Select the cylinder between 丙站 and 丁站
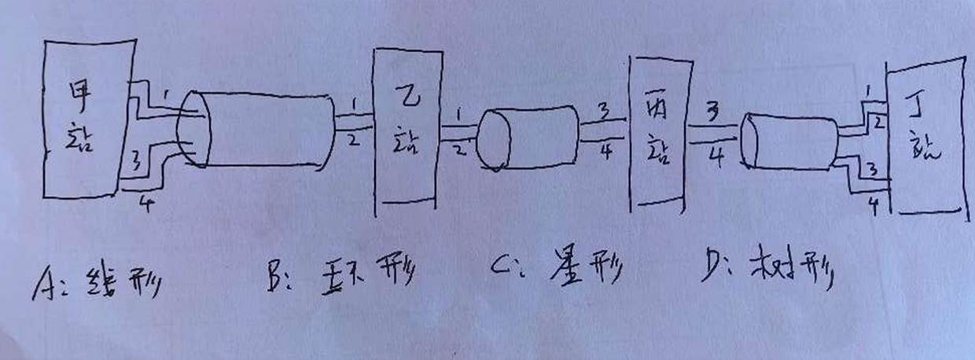789,142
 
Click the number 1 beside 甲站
164,94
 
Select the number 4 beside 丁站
872,207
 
